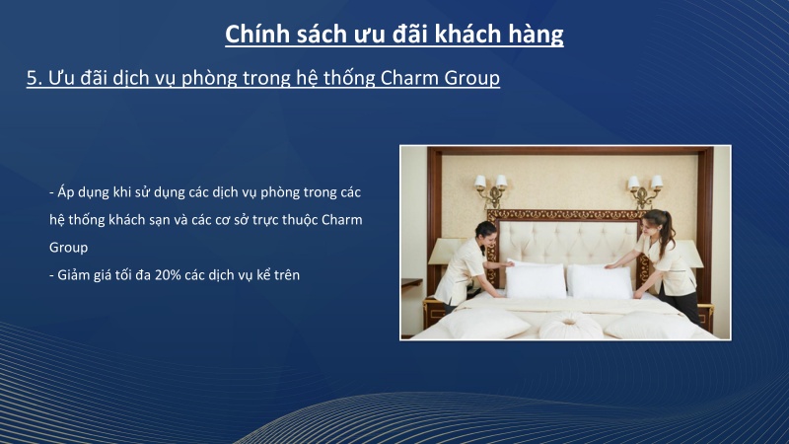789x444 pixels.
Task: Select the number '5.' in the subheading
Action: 35,79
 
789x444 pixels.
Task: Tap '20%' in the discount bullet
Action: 170,275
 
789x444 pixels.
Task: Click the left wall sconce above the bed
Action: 490,186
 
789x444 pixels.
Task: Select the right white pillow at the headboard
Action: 601,280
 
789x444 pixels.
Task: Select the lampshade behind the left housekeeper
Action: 446,252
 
